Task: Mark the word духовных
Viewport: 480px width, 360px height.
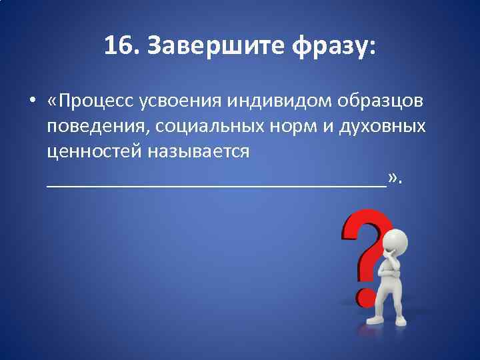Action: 385,127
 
